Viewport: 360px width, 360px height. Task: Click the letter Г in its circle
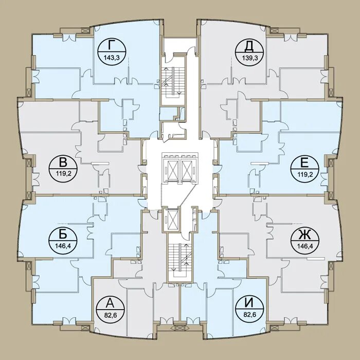pyautogui.click(x=112, y=46)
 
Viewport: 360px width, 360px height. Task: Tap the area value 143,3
pyautogui.click(x=112, y=58)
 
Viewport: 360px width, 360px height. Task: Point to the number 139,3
pyautogui.click(x=250, y=58)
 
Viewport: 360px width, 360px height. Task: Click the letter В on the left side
pyautogui.click(x=63, y=163)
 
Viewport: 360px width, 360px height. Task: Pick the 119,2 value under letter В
pyautogui.click(x=64, y=174)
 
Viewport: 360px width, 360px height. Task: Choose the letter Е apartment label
pyautogui.click(x=304, y=163)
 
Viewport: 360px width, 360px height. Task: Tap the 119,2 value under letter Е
pyautogui.click(x=305, y=174)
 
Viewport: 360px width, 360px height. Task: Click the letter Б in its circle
pyautogui.click(x=63, y=235)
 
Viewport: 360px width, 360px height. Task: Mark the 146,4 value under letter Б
pyautogui.click(x=63, y=246)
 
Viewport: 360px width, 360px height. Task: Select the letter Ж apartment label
pyautogui.click(x=304, y=235)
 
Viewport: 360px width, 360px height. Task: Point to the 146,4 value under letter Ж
pyautogui.click(x=305, y=246)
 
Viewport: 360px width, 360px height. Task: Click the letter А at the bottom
pyautogui.click(x=111, y=304)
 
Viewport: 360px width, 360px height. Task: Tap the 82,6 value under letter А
pyautogui.click(x=111, y=315)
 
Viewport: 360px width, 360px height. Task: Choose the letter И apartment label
pyautogui.click(x=249, y=303)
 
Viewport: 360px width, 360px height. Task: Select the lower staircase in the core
pyautogui.click(x=180, y=258)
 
